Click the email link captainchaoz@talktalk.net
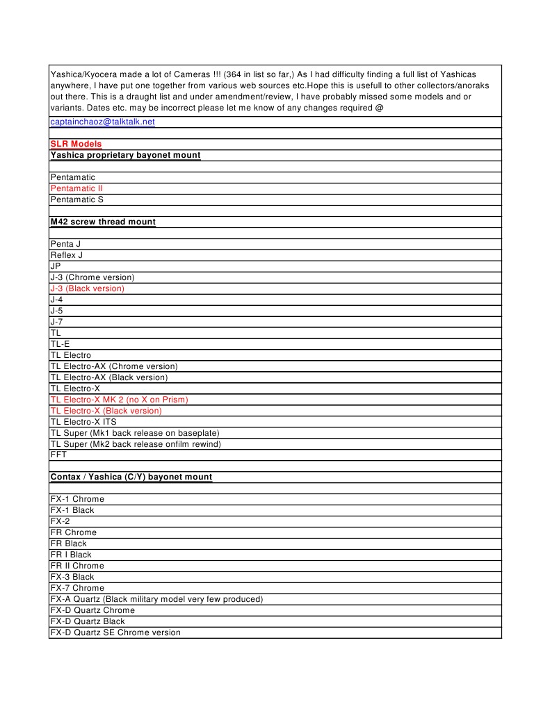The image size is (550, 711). [x=102, y=122]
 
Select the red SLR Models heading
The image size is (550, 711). [x=76, y=144]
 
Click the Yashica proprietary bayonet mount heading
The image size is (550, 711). [x=125, y=155]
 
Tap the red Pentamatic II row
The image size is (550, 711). [x=76, y=188]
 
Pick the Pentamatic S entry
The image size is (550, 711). [x=76, y=199]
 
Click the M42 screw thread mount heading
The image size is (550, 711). [x=103, y=222]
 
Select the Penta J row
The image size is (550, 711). [x=65, y=244]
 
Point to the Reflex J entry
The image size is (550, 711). [x=66, y=255]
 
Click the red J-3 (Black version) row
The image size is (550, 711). [x=87, y=288]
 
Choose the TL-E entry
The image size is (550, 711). [x=60, y=344]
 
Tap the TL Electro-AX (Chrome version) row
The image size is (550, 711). [x=114, y=366]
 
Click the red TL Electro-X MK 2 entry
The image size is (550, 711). [x=119, y=400]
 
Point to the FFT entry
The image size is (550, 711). [x=58, y=455]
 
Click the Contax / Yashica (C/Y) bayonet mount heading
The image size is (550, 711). [x=131, y=477]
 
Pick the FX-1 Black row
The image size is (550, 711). [x=72, y=510]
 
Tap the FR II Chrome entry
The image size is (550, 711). [x=77, y=566]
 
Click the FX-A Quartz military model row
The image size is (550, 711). [x=156, y=599]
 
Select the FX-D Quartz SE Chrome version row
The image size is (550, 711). [x=115, y=632]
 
